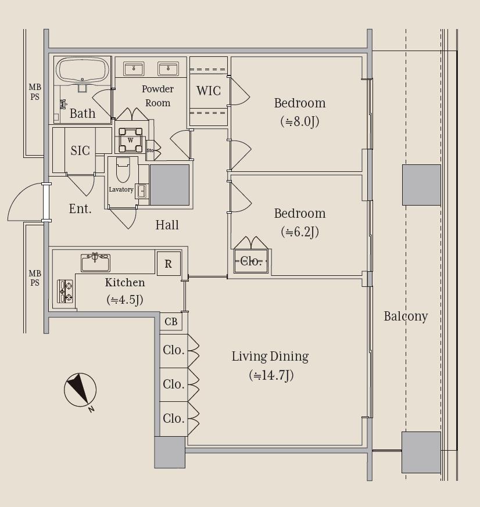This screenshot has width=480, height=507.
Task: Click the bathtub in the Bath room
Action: tap(82, 71)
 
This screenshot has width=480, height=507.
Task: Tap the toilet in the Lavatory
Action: tap(123, 170)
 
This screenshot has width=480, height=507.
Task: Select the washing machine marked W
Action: tap(130, 140)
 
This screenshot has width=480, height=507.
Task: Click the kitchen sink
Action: tap(95, 263)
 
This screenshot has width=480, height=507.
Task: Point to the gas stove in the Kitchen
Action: tap(65, 291)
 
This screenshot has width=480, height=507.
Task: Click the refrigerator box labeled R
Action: tap(169, 264)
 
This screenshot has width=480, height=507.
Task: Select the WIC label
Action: tap(209, 91)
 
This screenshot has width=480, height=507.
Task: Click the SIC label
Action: tap(80, 150)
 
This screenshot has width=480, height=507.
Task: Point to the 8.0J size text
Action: tap(300, 122)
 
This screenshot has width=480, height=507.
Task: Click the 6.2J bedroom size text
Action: tap(300, 232)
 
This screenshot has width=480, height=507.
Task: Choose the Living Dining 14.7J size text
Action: tap(271, 375)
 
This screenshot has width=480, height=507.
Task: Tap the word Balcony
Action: tap(406, 317)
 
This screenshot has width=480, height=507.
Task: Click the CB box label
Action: tap(171, 322)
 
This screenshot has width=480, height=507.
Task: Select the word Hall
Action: tap(167, 225)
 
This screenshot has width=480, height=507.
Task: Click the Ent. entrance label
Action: tap(80, 209)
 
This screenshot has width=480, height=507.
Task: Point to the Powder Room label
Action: tap(158, 96)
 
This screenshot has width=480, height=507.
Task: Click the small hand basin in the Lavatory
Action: tap(142, 190)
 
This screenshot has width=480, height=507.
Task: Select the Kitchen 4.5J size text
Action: tap(125, 300)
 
